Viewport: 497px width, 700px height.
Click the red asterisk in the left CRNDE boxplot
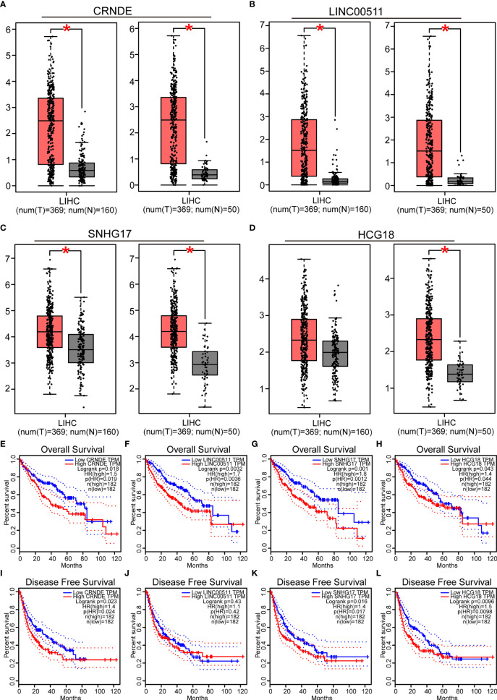[67, 30]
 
